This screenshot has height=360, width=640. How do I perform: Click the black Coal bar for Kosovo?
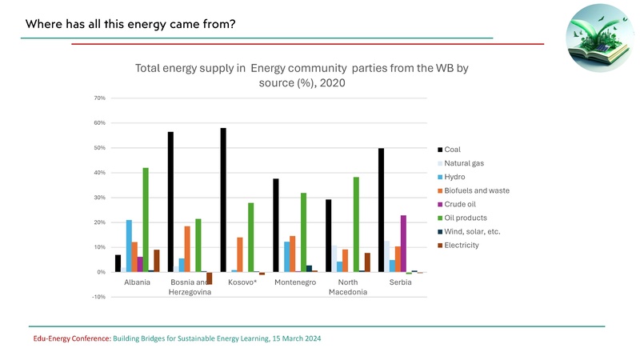pos(223,200)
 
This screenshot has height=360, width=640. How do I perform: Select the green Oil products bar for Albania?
pos(146,220)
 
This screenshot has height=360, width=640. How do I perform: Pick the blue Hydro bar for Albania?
pos(129,246)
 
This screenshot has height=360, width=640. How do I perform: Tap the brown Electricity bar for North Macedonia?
pos(366,262)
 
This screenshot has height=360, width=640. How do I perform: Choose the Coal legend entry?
pos(452,149)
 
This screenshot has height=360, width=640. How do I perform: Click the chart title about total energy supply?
pos(301,75)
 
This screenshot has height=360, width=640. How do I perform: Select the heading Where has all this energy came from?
pos(130,23)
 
